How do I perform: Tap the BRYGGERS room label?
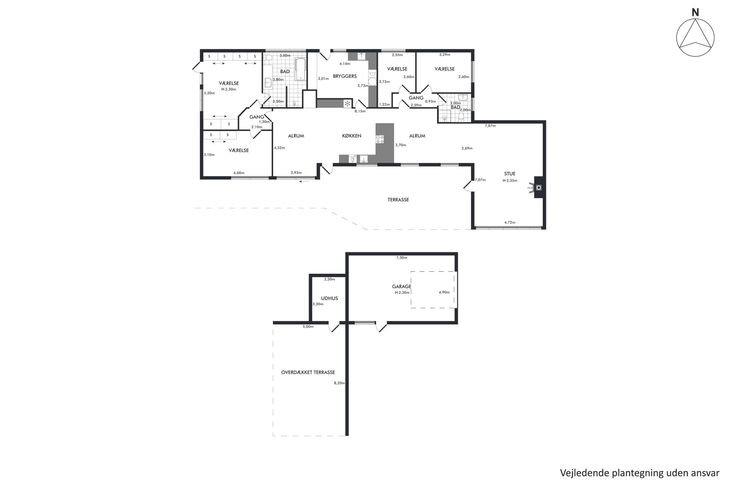click(345, 76)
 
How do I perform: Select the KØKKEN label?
click(352, 136)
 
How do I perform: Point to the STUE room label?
click(510, 174)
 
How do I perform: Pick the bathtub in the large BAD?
click(300, 69)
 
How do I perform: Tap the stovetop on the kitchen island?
click(380, 139)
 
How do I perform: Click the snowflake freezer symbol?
click(347, 104)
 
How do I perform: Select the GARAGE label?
click(402, 287)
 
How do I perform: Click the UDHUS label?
click(329, 299)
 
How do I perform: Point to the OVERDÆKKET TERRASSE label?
click(308, 373)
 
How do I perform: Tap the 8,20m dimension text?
click(339, 383)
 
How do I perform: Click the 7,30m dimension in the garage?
click(402, 258)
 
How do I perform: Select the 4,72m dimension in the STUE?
click(510, 223)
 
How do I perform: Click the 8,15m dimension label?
click(360, 111)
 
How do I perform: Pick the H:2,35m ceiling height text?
click(510, 181)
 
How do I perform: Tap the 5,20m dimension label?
click(209, 93)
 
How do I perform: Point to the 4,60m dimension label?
click(239, 173)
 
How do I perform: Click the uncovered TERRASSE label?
click(398, 200)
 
